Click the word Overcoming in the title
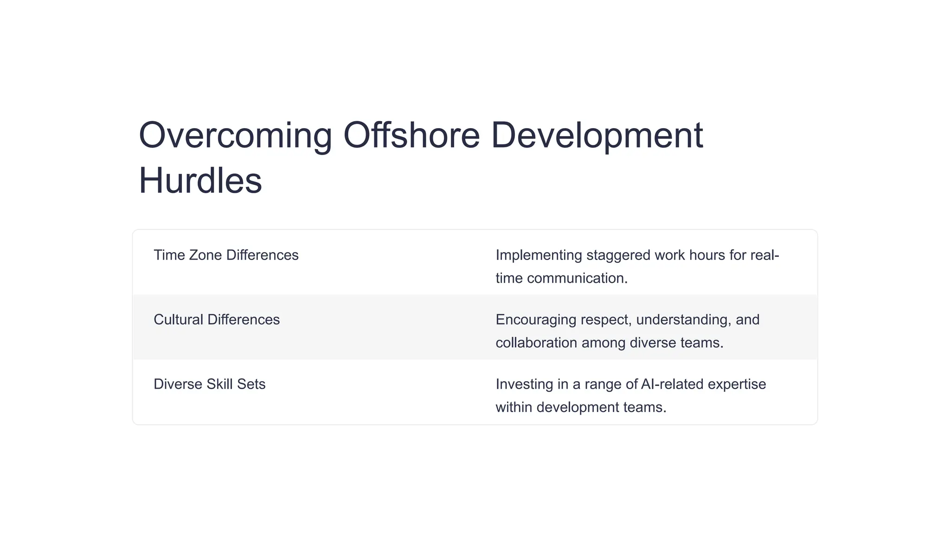[235, 136]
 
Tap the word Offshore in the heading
[411, 136]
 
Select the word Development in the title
[597, 136]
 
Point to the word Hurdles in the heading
[200, 181]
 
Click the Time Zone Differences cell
[226, 255]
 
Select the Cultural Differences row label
[217, 320]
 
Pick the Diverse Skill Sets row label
[210, 384]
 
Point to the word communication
[577, 278]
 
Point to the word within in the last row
[514, 407]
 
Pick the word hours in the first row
[706, 255]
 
